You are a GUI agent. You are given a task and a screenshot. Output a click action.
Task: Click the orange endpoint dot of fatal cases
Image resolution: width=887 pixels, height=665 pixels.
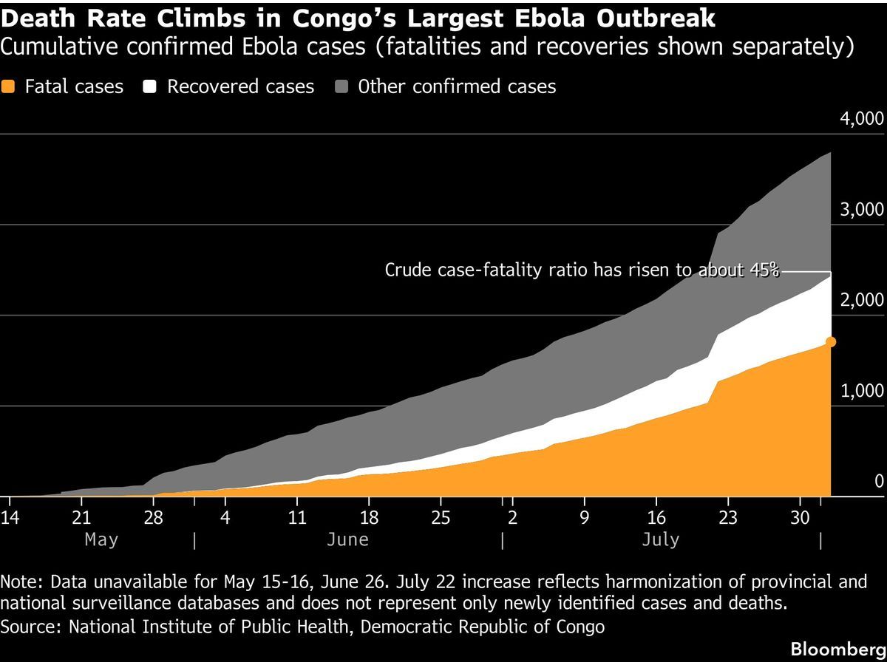[x=830, y=341]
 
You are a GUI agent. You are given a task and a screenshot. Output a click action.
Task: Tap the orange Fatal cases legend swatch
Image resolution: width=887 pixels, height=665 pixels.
[x=7, y=86]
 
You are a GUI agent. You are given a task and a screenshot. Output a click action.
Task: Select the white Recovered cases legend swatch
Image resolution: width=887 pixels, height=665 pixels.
[x=149, y=86]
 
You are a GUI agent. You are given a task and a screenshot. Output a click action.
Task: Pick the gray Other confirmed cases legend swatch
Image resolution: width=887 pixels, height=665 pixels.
[x=341, y=86]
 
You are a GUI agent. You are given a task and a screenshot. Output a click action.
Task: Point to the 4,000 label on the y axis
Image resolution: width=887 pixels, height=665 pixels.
[x=862, y=119]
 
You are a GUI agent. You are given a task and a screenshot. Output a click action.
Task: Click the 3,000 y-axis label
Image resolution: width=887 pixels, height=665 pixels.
[x=862, y=210]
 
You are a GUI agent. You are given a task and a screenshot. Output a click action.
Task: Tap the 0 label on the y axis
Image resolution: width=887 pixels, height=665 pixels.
[x=879, y=481]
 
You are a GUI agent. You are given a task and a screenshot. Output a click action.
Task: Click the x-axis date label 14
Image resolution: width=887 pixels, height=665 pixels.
[x=10, y=517]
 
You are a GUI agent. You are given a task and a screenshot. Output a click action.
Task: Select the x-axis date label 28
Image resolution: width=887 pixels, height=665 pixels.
[x=153, y=517]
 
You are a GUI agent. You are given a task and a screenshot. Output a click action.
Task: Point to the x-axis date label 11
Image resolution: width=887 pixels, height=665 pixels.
[x=297, y=517]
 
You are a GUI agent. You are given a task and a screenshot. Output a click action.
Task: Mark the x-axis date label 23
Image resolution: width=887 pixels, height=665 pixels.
[x=728, y=517]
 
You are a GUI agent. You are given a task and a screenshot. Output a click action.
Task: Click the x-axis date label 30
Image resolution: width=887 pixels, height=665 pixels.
[x=800, y=517]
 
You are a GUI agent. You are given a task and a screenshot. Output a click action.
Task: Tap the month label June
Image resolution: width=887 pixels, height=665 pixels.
[x=347, y=539]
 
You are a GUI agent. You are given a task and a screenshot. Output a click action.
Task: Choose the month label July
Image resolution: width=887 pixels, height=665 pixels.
[x=661, y=540]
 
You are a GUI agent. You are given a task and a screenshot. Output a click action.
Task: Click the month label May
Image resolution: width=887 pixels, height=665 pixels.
[x=101, y=540]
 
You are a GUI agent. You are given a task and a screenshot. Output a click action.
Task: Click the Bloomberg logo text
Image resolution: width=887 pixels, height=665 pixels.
[x=838, y=649]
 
